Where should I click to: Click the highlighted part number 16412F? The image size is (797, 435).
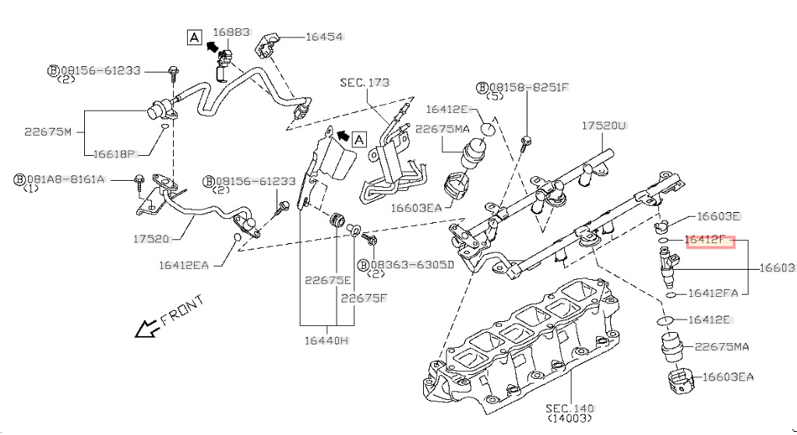[709, 240]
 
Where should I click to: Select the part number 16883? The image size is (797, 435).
[231, 32]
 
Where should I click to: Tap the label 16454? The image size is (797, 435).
[324, 37]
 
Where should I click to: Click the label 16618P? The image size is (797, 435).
[115, 154]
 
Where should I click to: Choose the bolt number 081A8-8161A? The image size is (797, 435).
[65, 179]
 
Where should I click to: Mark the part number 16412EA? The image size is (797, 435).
[184, 265]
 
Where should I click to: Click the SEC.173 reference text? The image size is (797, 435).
[365, 82]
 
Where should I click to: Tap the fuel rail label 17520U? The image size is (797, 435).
[605, 125]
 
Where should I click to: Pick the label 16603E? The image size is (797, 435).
[718, 217]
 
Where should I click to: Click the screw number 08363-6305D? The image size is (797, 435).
[414, 264]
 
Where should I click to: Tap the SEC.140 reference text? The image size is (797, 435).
[570, 408]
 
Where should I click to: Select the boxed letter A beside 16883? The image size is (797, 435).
[194, 36]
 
